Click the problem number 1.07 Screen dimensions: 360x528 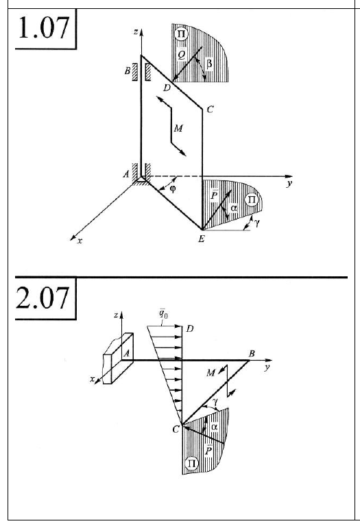point(43,27)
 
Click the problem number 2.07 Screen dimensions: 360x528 point(43,298)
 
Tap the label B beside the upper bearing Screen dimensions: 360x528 point(128,71)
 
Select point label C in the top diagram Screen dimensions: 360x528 point(210,110)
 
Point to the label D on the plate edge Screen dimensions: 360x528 point(167,88)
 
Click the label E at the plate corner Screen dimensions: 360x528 point(202,239)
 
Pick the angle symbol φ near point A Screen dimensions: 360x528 point(173,189)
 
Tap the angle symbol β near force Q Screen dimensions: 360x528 point(208,63)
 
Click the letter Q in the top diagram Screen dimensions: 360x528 point(181,55)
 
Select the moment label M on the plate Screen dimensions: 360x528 point(178,128)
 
